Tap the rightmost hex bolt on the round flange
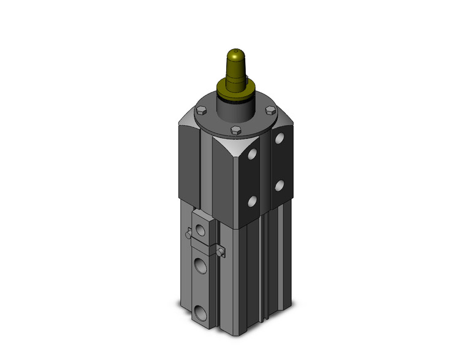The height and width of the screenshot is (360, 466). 269,110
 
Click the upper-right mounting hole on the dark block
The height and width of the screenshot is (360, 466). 279,139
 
